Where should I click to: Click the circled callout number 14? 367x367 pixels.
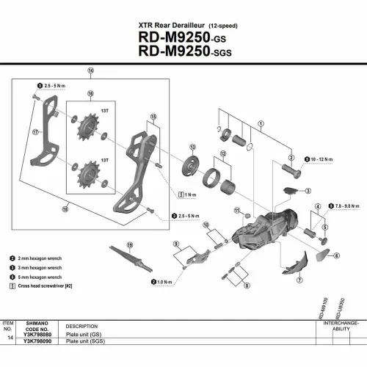(x=90, y=72)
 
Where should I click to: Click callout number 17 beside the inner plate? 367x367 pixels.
(x=34, y=133)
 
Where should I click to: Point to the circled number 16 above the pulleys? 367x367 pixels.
(x=91, y=94)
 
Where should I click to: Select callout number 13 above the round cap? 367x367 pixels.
(x=193, y=148)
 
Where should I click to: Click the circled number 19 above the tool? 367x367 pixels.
(x=129, y=244)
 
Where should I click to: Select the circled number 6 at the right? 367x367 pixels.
(x=336, y=255)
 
